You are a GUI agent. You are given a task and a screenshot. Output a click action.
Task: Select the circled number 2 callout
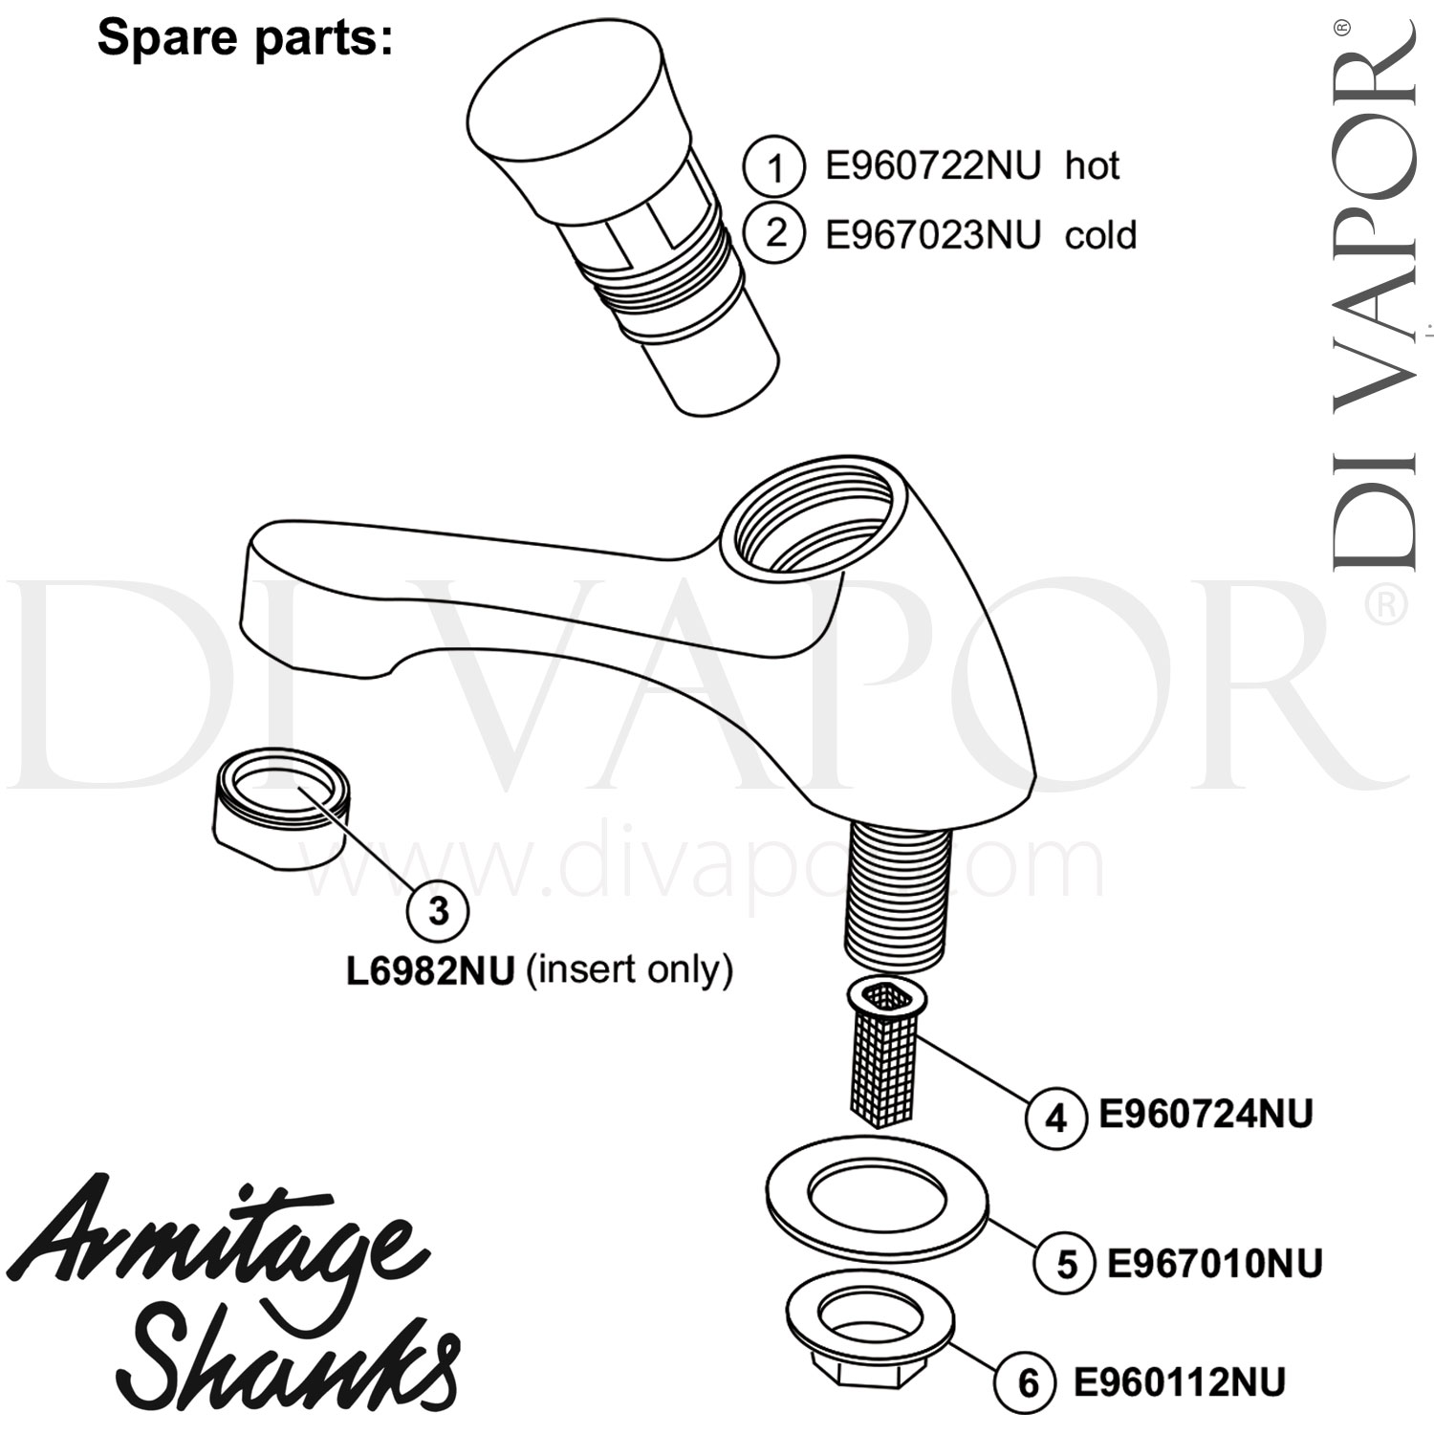(774, 233)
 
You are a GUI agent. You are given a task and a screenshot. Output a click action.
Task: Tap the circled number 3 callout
(438, 911)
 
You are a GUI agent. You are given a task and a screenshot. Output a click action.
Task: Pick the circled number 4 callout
(1055, 1116)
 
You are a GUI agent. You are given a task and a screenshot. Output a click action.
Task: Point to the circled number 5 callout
(1066, 1264)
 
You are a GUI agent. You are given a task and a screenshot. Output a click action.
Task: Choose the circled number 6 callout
(1028, 1382)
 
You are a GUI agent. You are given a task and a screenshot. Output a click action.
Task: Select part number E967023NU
(932, 234)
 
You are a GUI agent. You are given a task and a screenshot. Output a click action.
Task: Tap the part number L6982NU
(430, 970)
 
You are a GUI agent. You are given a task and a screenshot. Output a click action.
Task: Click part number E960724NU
(1206, 1114)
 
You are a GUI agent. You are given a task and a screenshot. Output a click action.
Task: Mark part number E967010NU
(1214, 1264)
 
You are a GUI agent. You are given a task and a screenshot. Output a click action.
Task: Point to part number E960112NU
(1179, 1381)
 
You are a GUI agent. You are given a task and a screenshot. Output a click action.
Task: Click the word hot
(1092, 167)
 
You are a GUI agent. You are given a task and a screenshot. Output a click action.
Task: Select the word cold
(1100, 234)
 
